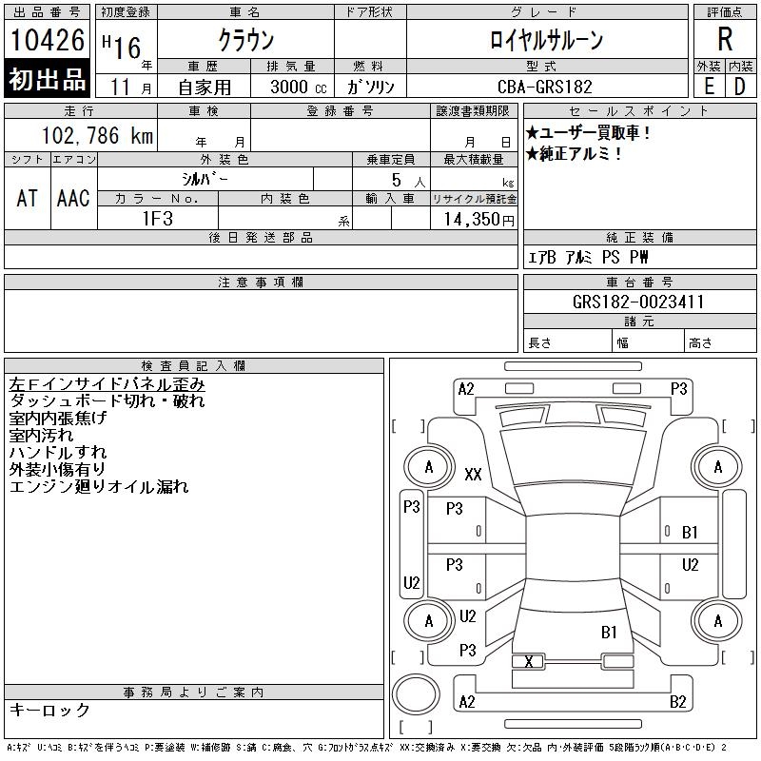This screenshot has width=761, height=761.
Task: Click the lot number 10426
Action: coord(47,40)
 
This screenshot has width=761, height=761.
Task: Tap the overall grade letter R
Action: coord(725,39)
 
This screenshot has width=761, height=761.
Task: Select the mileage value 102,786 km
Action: coord(97,135)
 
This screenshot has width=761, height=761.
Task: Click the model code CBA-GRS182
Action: coord(545,87)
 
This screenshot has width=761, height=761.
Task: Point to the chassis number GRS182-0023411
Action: coord(638,302)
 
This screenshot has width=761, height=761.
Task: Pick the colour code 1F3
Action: coord(158,219)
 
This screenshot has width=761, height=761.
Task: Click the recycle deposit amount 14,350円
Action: coord(479,220)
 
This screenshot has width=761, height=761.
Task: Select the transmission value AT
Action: coord(28,198)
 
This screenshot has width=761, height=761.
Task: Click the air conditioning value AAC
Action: coord(73,198)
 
